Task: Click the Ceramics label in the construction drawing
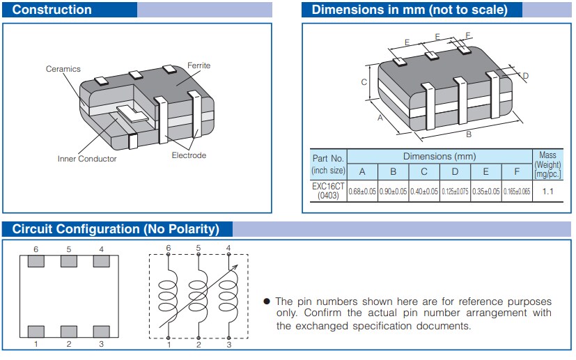point(63,69)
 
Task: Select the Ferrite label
point(199,65)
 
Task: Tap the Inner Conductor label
point(87,159)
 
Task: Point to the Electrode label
point(189,155)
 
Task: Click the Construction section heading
point(52,10)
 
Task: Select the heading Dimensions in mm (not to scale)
point(409,10)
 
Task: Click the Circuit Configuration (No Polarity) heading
point(116,229)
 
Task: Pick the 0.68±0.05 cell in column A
point(362,191)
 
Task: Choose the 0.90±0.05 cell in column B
point(393,191)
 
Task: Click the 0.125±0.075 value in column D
point(455,191)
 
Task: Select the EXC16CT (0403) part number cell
point(328,191)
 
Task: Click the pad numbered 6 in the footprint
point(36,261)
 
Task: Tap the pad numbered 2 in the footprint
point(68,331)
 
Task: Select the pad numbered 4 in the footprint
point(101,261)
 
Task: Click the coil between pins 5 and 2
point(199,295)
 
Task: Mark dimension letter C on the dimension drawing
point(364,82)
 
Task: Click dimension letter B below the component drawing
point(468,134)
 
